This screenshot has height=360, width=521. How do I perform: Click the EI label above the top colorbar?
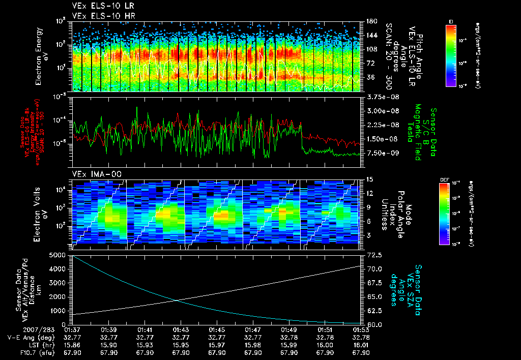tap(451, 21)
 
